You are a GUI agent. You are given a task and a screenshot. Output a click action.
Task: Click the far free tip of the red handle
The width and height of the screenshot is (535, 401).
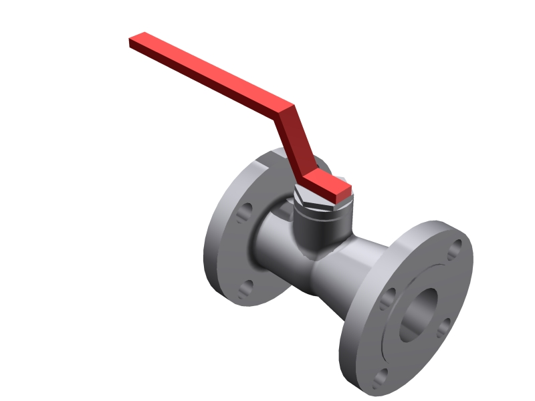click(x=133, y=41)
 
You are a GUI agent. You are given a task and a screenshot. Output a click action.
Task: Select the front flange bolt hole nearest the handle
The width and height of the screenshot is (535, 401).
click(x=455, y=248)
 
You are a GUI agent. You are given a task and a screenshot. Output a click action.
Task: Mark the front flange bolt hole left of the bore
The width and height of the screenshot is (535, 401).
click(x=387, y=299)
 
